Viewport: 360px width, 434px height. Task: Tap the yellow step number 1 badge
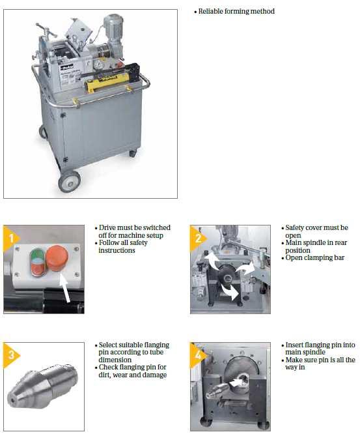pos(10,239)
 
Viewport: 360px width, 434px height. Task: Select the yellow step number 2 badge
pos(197,239)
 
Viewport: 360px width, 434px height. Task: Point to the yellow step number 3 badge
pos(10,355)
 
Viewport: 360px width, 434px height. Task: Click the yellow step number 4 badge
pos(197,355)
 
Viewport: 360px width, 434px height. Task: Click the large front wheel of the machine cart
pos(69,182)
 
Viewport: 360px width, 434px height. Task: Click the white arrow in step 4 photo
pos(236,383)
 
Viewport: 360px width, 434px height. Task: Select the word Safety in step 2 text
pos(294,228)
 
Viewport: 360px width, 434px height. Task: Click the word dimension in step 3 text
pos(115,360)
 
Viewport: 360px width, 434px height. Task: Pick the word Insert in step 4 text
pos(294,345)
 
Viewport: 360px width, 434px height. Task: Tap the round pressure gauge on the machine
pos(98,65)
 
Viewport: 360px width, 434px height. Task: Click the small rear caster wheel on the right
pos(133,153)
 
